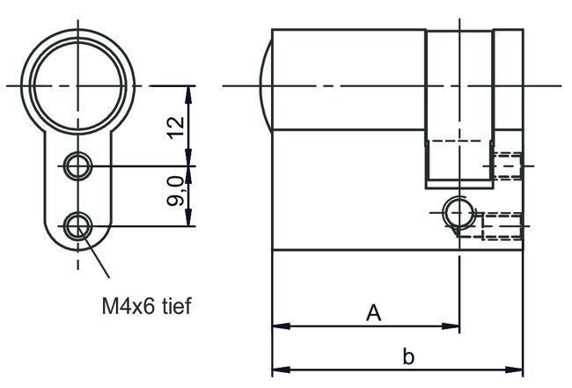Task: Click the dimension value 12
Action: point(176,126)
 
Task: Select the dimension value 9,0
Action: point(176,191)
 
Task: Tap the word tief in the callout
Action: point(173,307)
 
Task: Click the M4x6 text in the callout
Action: point(128,307)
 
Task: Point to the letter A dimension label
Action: point(374,313)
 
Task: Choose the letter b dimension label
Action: point(407,356)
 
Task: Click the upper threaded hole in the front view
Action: point(77,165)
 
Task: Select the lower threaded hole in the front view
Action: point(77,226)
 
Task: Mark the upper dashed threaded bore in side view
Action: point(508,165)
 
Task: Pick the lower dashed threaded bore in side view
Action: point(502,225)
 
